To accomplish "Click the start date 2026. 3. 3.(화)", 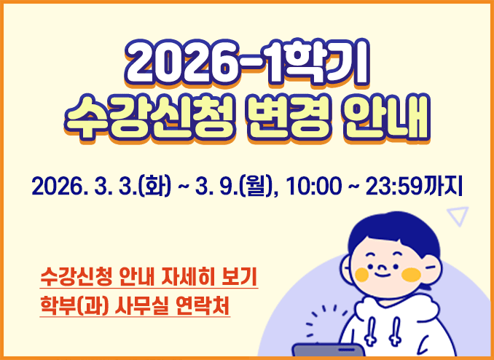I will [101, 188].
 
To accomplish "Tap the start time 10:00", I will [313, 188].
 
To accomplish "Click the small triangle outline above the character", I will [458, 215].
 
